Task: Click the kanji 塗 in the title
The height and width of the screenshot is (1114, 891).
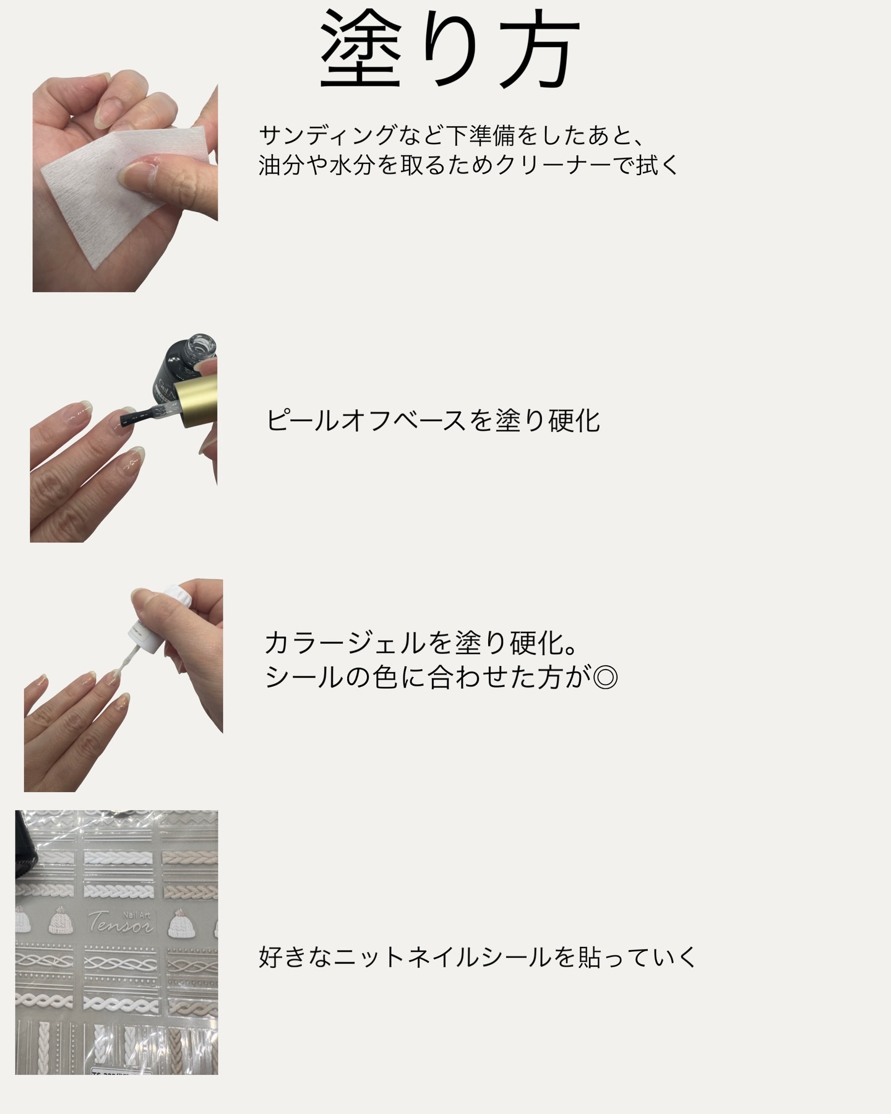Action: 362,50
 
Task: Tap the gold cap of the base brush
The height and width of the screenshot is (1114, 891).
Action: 196,402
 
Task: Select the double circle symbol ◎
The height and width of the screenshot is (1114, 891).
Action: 605,678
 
